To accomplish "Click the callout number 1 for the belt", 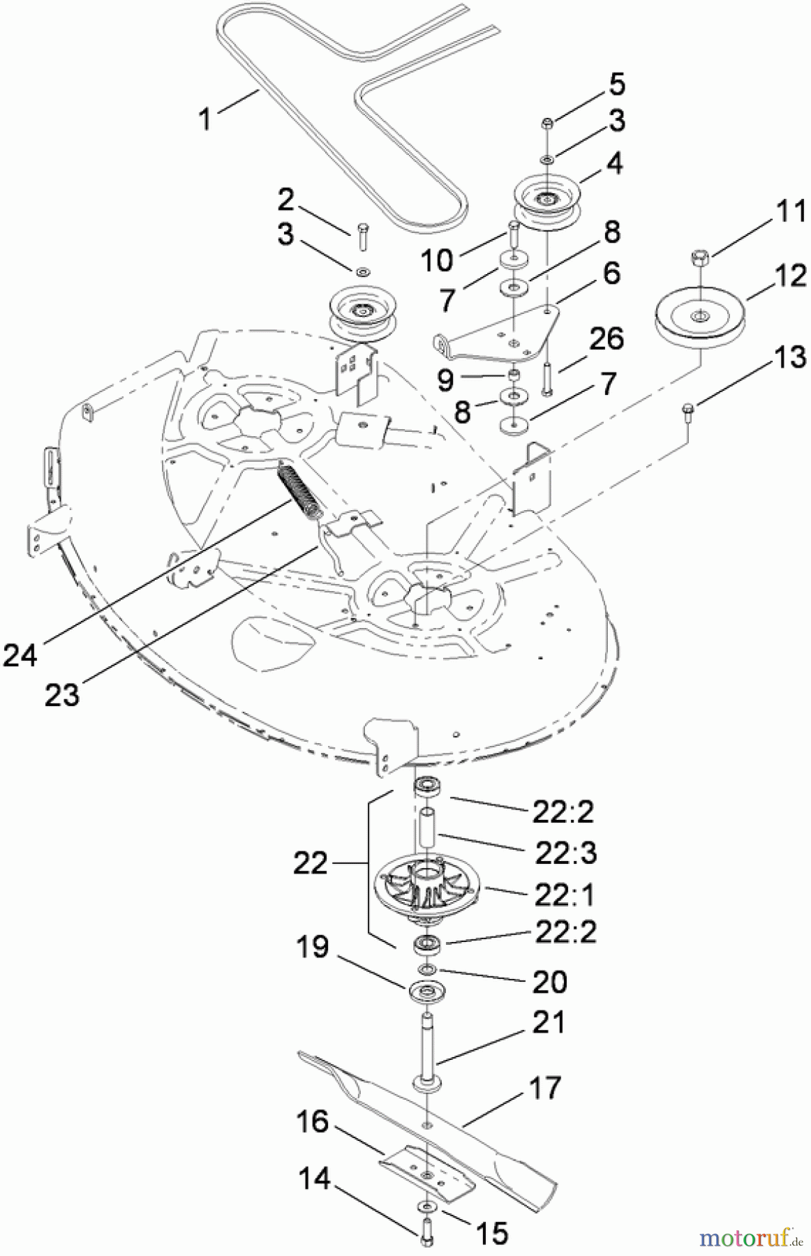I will (204, 119).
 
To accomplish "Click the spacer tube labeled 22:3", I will (426, 826).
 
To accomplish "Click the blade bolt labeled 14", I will (425, 1233).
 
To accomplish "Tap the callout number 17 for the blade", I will (545, 1087).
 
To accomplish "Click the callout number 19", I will (312, 948).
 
